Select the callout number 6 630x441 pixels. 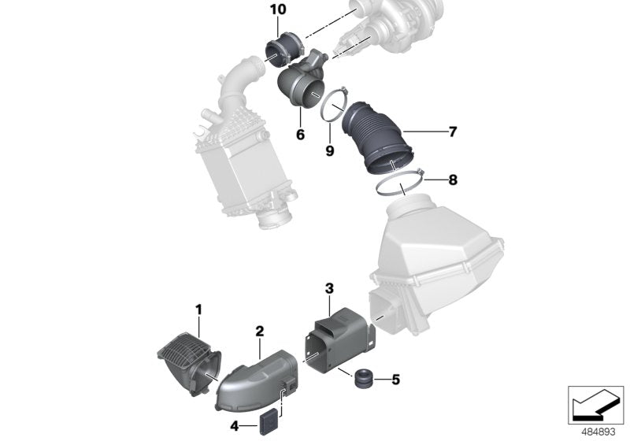click(300, 135)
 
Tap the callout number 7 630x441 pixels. click(452, 132)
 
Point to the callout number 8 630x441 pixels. click(452, 180)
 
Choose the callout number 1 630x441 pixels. click(198, 309)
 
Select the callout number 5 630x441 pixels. click(395, 380)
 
